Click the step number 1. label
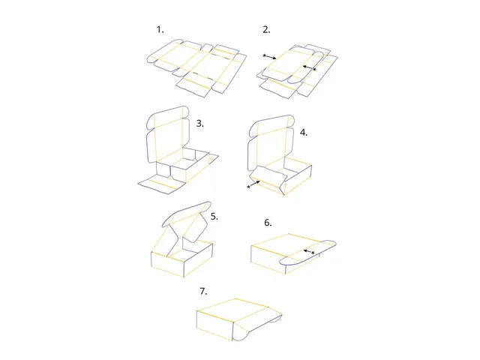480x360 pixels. (160, 29)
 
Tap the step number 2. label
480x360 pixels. (266, 30)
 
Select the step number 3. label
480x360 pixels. (199, 123)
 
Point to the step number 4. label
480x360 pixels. (303, 132)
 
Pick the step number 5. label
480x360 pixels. (214, 216)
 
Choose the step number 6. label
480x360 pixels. (268, 223)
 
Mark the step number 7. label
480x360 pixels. (203, 290)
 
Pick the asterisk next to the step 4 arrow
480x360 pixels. (248, 187)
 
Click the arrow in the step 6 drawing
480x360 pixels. (307, 250)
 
